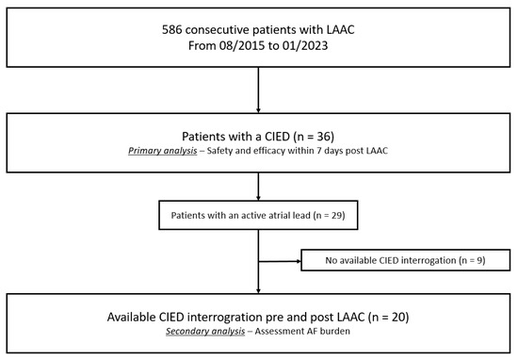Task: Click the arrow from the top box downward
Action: coord(258,90)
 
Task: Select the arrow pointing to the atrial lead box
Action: coord(258,193)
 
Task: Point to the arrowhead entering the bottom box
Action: coord(258,290)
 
